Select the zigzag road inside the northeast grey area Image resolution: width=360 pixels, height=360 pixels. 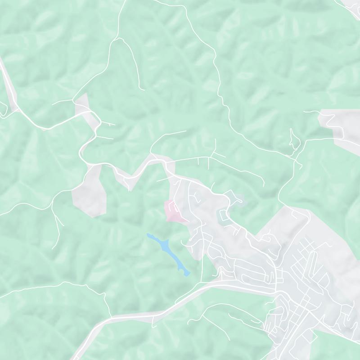click(335, 124)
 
